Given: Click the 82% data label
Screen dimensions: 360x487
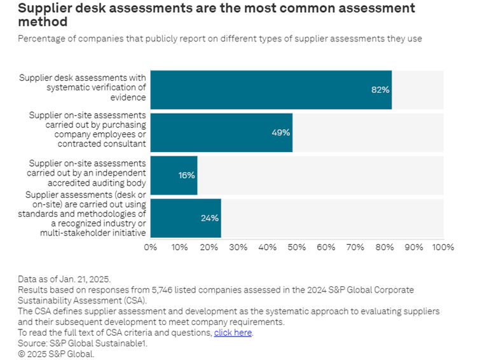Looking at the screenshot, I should point(380,90).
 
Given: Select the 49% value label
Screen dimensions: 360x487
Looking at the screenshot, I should point(280,132).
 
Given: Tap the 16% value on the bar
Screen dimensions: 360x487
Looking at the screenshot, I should point(186,175).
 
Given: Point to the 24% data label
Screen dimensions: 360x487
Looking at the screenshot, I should point(210,218).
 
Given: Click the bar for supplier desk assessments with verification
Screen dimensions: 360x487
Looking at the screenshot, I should point(270,90).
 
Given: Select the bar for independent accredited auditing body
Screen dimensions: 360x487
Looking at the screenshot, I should point(174,175).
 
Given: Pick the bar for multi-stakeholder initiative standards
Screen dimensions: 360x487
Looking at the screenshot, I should point(185,218).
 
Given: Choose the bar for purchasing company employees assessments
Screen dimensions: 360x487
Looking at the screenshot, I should point(221,132).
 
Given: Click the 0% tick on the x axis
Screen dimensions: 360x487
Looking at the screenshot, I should point(151,247).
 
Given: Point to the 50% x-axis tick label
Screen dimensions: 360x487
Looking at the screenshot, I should point(297,247).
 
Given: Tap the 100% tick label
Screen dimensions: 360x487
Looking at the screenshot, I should point(443,247).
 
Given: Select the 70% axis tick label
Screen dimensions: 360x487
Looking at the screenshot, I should point(355,247).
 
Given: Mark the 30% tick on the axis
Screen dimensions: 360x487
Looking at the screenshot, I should point(238,247).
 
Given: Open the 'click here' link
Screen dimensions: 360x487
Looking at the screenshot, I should point(233,333).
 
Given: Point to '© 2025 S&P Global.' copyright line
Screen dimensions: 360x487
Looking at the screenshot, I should point(56,354).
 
